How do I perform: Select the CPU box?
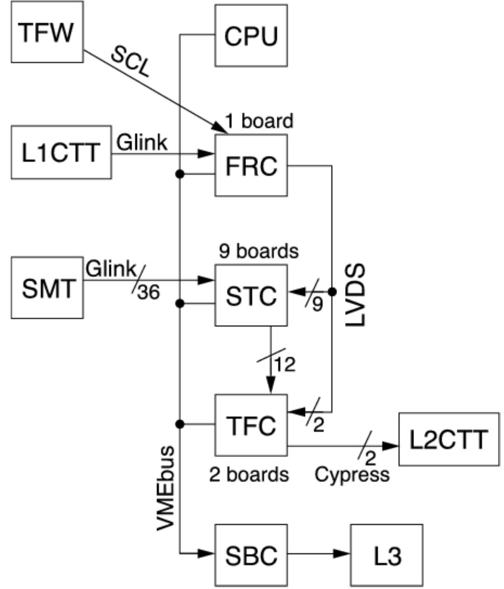tap(251, 35)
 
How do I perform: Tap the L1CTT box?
tap(61, 152)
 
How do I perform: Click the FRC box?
tap(251, 165)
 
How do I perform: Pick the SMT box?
tap(47, 287)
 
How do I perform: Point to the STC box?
tap(251, 295)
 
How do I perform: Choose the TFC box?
tap(251, 425)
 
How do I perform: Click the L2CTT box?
tap(448, 439)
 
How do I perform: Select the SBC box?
tap(251, 555)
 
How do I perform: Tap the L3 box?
tap(387, 555)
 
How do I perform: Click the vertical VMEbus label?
tap(166, 487)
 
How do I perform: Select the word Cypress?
tap(352, 474)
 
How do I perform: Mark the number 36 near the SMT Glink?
tap(148, 292)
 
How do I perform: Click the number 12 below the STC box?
tap(285, 364)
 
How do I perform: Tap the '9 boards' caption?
tap(258, 251)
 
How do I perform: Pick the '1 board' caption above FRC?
tap(259, 121)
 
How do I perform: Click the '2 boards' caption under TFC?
tap(249, 474)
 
